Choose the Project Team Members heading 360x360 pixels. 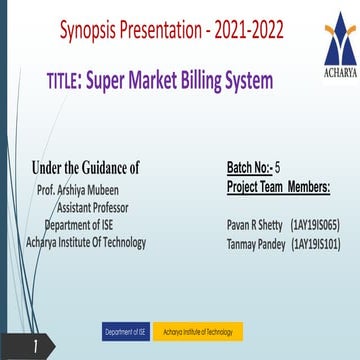(x=279, y=186)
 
